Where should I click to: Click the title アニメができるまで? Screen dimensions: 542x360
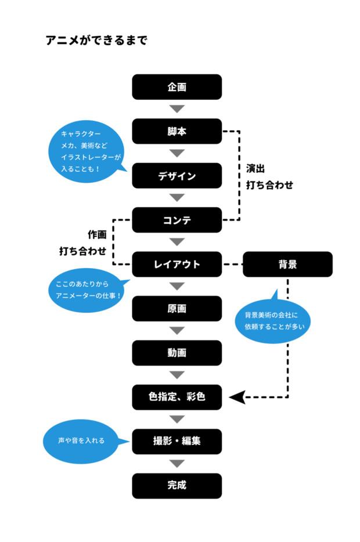pyautogui.click(x=96, y=40)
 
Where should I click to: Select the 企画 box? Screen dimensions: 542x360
pyautogui.click(x=177, y=87)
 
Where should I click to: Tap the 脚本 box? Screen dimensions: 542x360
pyautogui.click(x=177, y=131)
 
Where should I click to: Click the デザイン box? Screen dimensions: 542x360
pyautogui.click(x=177, y=176)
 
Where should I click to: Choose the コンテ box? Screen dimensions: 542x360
pyautogui.click(x=177, y=220)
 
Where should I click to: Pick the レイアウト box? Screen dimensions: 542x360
pyautogui.click(x=177, y=264)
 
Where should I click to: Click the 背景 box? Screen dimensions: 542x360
pyautogui.click(x=287, y=264)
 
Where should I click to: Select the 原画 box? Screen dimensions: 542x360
pyautogui.click(x=177, y=309)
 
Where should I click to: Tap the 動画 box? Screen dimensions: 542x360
pyautogui.click(x=177, y=353)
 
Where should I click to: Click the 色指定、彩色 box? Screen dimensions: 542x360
pyautogui.click(x=177, y=398)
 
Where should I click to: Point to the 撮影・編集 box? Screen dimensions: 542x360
pyautogui.click(x=177, y=441)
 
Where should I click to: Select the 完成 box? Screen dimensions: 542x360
pyautogui.click(x=177, y=486)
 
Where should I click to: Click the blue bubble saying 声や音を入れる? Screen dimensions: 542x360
pyautogui.click(x=81, y=440)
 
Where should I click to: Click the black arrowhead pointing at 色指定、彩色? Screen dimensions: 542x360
pyautogui.click(x=236, y=398)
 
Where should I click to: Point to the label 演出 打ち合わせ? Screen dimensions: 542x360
pyautogui.click(x=269, y=177)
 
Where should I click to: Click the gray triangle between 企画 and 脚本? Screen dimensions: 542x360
pyautogui.click(x=177, y=109)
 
